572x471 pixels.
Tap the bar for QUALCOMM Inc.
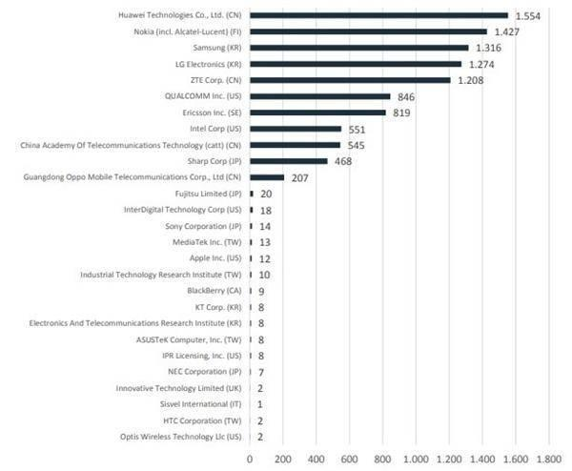click(x=320, y=96)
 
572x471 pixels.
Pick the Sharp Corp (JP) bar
click(x=289, y=161)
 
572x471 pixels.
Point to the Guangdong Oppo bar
click(x=267, y=177)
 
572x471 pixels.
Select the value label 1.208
click(x=474, y=80)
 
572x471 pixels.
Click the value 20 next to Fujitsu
click(x=266, y=194)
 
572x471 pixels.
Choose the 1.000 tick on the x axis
click(x=416, y=459)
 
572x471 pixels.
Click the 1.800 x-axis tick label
click(x=549, y=459)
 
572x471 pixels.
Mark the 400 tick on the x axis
click(x=316, y=459)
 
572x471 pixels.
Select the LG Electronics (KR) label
click(x=201, y=64)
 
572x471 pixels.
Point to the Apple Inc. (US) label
click(x=210, y=258)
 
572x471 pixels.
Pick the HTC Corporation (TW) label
click(x=201, y=420)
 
